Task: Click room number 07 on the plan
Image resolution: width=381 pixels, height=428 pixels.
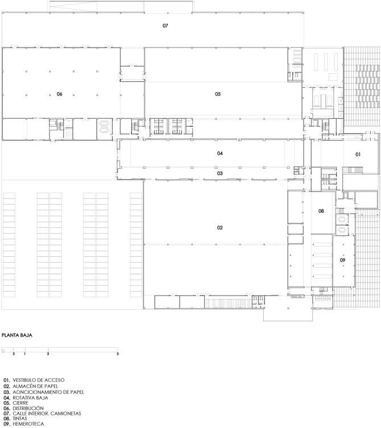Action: point(165,26)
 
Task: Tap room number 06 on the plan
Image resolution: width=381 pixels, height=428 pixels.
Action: point(60,94)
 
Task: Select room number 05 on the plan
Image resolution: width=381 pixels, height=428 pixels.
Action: point(218,94)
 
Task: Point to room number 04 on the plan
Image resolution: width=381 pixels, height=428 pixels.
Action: point(220,153)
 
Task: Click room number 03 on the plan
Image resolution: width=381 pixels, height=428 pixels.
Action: point(220,173)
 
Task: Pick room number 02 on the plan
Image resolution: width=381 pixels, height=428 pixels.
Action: point(220,228)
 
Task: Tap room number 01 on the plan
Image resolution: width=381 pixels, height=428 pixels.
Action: point(358,155)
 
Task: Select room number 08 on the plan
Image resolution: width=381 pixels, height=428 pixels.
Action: point(321,211)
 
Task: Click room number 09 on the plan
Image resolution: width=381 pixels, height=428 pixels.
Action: point(342,260)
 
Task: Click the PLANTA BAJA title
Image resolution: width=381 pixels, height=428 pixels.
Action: point(17,335)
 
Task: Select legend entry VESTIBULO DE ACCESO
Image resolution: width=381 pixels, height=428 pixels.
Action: point(39,380)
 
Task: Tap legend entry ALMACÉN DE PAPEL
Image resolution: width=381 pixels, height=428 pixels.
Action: point(35,387)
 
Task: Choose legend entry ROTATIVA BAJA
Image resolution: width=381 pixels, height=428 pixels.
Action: point(30,398)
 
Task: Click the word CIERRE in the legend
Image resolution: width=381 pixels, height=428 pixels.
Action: point(20,403)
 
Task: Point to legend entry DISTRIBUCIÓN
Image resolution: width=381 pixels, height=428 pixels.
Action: point(28,408)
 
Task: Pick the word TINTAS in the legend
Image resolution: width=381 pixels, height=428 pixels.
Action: point(20,418)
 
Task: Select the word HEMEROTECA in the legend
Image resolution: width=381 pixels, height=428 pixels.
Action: point(28,424)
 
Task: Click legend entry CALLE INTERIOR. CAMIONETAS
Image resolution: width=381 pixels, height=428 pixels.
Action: point(47,414)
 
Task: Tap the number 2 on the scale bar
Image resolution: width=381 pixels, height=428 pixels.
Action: point(48,354)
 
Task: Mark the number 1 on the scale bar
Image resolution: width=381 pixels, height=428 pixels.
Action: point(25,354)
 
